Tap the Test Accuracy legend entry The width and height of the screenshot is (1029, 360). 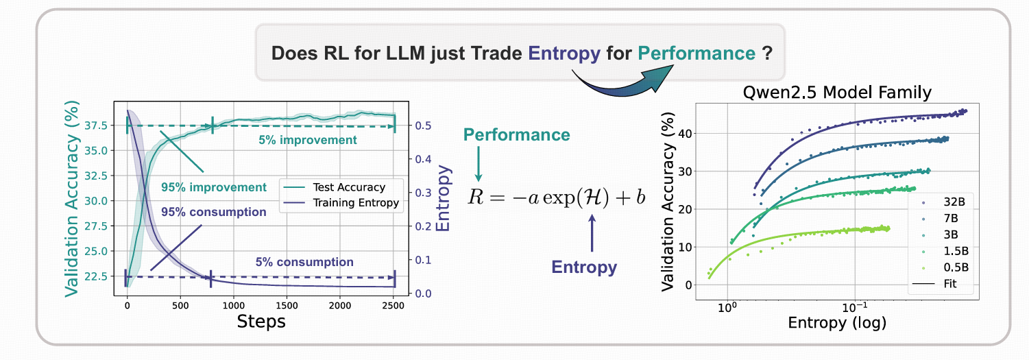(348, 187)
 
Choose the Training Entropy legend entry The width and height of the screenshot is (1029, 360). (355, 202)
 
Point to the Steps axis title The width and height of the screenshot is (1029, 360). (261, 320)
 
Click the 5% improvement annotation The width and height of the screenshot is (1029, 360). (307, 140)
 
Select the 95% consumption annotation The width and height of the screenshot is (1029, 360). (214, 213)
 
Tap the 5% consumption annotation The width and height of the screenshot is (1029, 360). (304, 262)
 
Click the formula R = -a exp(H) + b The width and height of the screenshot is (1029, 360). (557, 197)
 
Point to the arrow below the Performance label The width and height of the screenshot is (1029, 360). (479, 163)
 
